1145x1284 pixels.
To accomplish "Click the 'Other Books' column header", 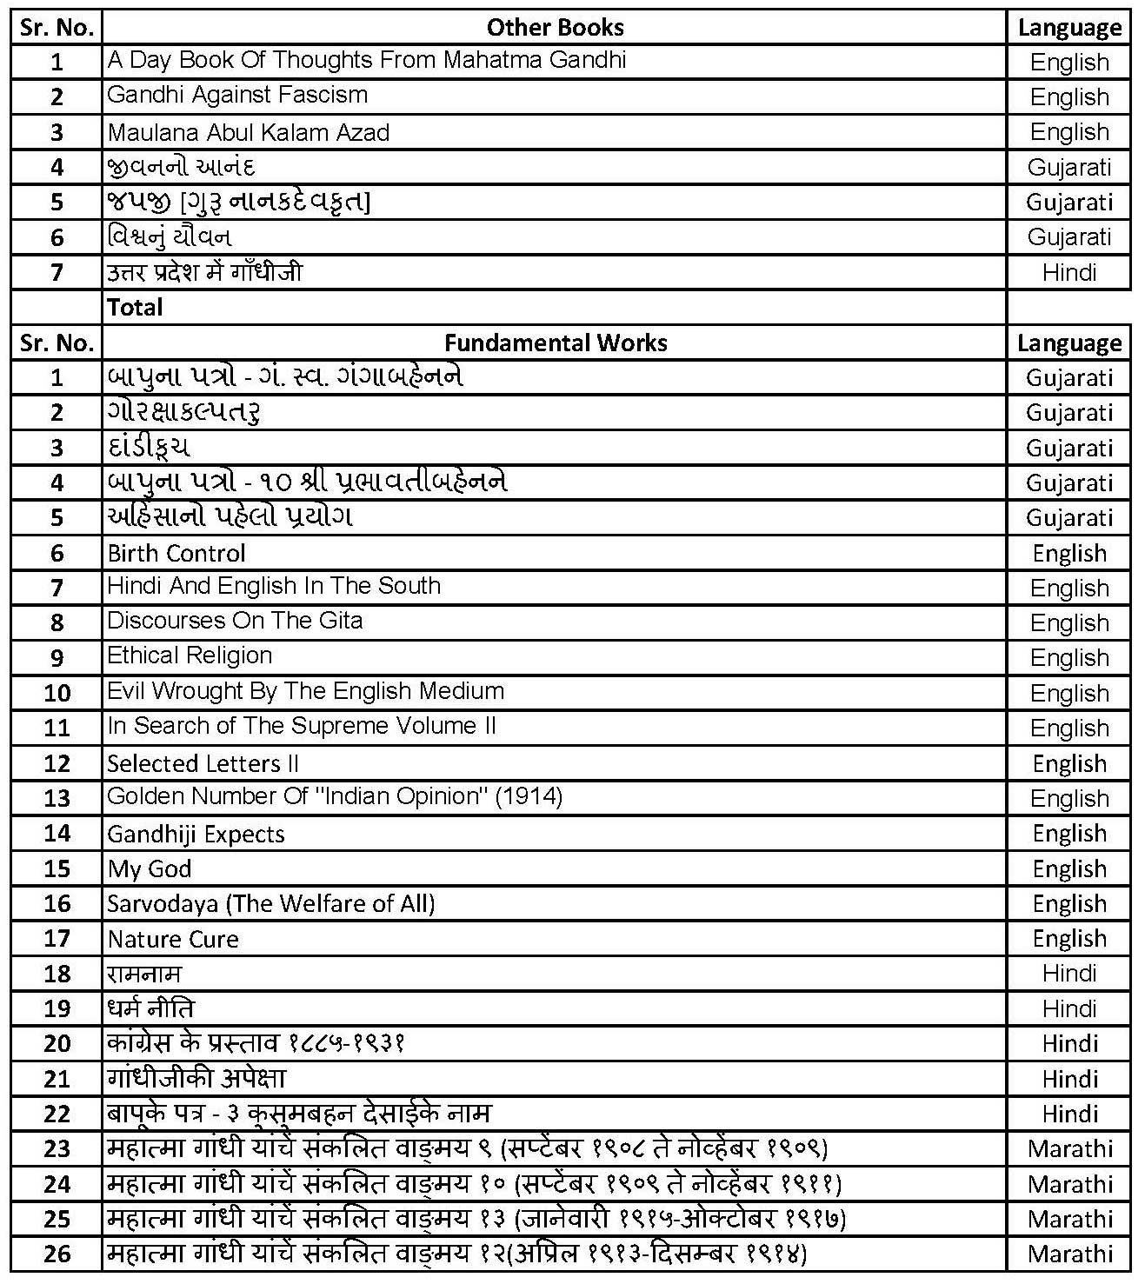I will click(555, 27).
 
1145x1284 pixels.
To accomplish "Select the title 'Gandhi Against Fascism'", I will click(237, 95).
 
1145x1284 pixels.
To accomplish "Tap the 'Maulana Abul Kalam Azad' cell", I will click(248, 133).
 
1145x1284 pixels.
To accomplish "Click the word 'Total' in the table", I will click(135, 307).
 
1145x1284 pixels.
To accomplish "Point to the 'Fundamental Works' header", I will click(555, 343).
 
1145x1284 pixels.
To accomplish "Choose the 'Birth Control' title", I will click(176, 553).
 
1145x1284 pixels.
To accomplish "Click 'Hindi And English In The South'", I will click(274, 586).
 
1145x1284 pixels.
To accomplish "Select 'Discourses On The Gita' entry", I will click(235, 621).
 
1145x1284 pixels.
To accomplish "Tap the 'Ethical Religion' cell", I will click(190, 655).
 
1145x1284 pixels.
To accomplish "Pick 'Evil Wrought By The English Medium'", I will click(305, 691).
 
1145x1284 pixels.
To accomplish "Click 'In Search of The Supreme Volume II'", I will click(302, 726).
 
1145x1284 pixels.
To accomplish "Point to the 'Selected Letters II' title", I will click(203, 763).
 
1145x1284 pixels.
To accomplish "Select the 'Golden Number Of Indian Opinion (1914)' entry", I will click(335, 796).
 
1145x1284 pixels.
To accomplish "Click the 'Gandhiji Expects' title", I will click(196, 835).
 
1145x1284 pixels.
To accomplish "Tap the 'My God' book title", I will click(150, 869).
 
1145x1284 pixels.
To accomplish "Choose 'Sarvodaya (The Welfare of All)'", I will click(270, 904).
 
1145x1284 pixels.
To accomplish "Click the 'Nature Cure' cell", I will click(173, 940).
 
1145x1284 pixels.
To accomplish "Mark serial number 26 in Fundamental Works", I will click(57, 1254).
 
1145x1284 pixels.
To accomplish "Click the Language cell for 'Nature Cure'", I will click(1069, 939).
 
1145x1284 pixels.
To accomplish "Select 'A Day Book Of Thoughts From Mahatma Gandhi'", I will click(366, 60).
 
